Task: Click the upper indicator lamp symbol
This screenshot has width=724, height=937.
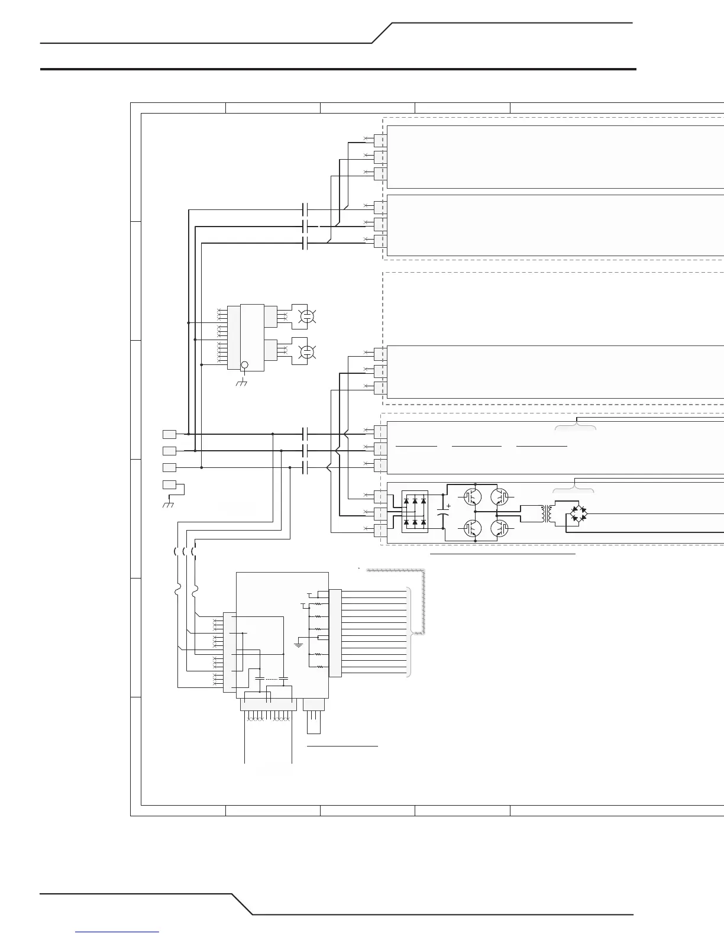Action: click(307, 316)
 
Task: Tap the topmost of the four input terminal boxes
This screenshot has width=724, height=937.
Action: click(169, 434)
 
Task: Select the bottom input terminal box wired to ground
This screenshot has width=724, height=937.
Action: click(169, 485)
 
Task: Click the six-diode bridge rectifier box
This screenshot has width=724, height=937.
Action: click(414, 512)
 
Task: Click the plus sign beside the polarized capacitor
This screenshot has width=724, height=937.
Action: click(449, 506)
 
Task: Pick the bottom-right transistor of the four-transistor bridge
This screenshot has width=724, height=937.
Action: click(500, 528)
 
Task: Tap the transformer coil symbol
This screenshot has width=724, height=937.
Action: click(546, 513)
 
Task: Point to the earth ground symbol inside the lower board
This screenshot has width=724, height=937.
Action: click(299, 644)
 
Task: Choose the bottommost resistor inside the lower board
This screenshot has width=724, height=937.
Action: click(320, 667)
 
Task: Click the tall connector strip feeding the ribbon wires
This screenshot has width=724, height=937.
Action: click(335, 632)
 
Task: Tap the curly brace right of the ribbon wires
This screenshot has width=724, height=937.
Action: click(409, 632)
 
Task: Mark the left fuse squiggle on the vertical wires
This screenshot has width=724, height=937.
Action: click(178, 590)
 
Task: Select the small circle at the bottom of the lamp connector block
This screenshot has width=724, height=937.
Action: click(244, 366)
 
